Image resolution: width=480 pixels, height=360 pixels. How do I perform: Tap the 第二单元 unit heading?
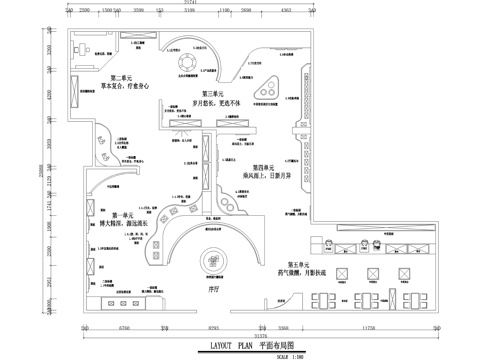tap(124, 78)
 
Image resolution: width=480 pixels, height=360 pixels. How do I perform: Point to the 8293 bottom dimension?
tap(213, 326)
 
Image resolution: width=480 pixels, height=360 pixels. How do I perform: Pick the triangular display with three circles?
tap(267, 84)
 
